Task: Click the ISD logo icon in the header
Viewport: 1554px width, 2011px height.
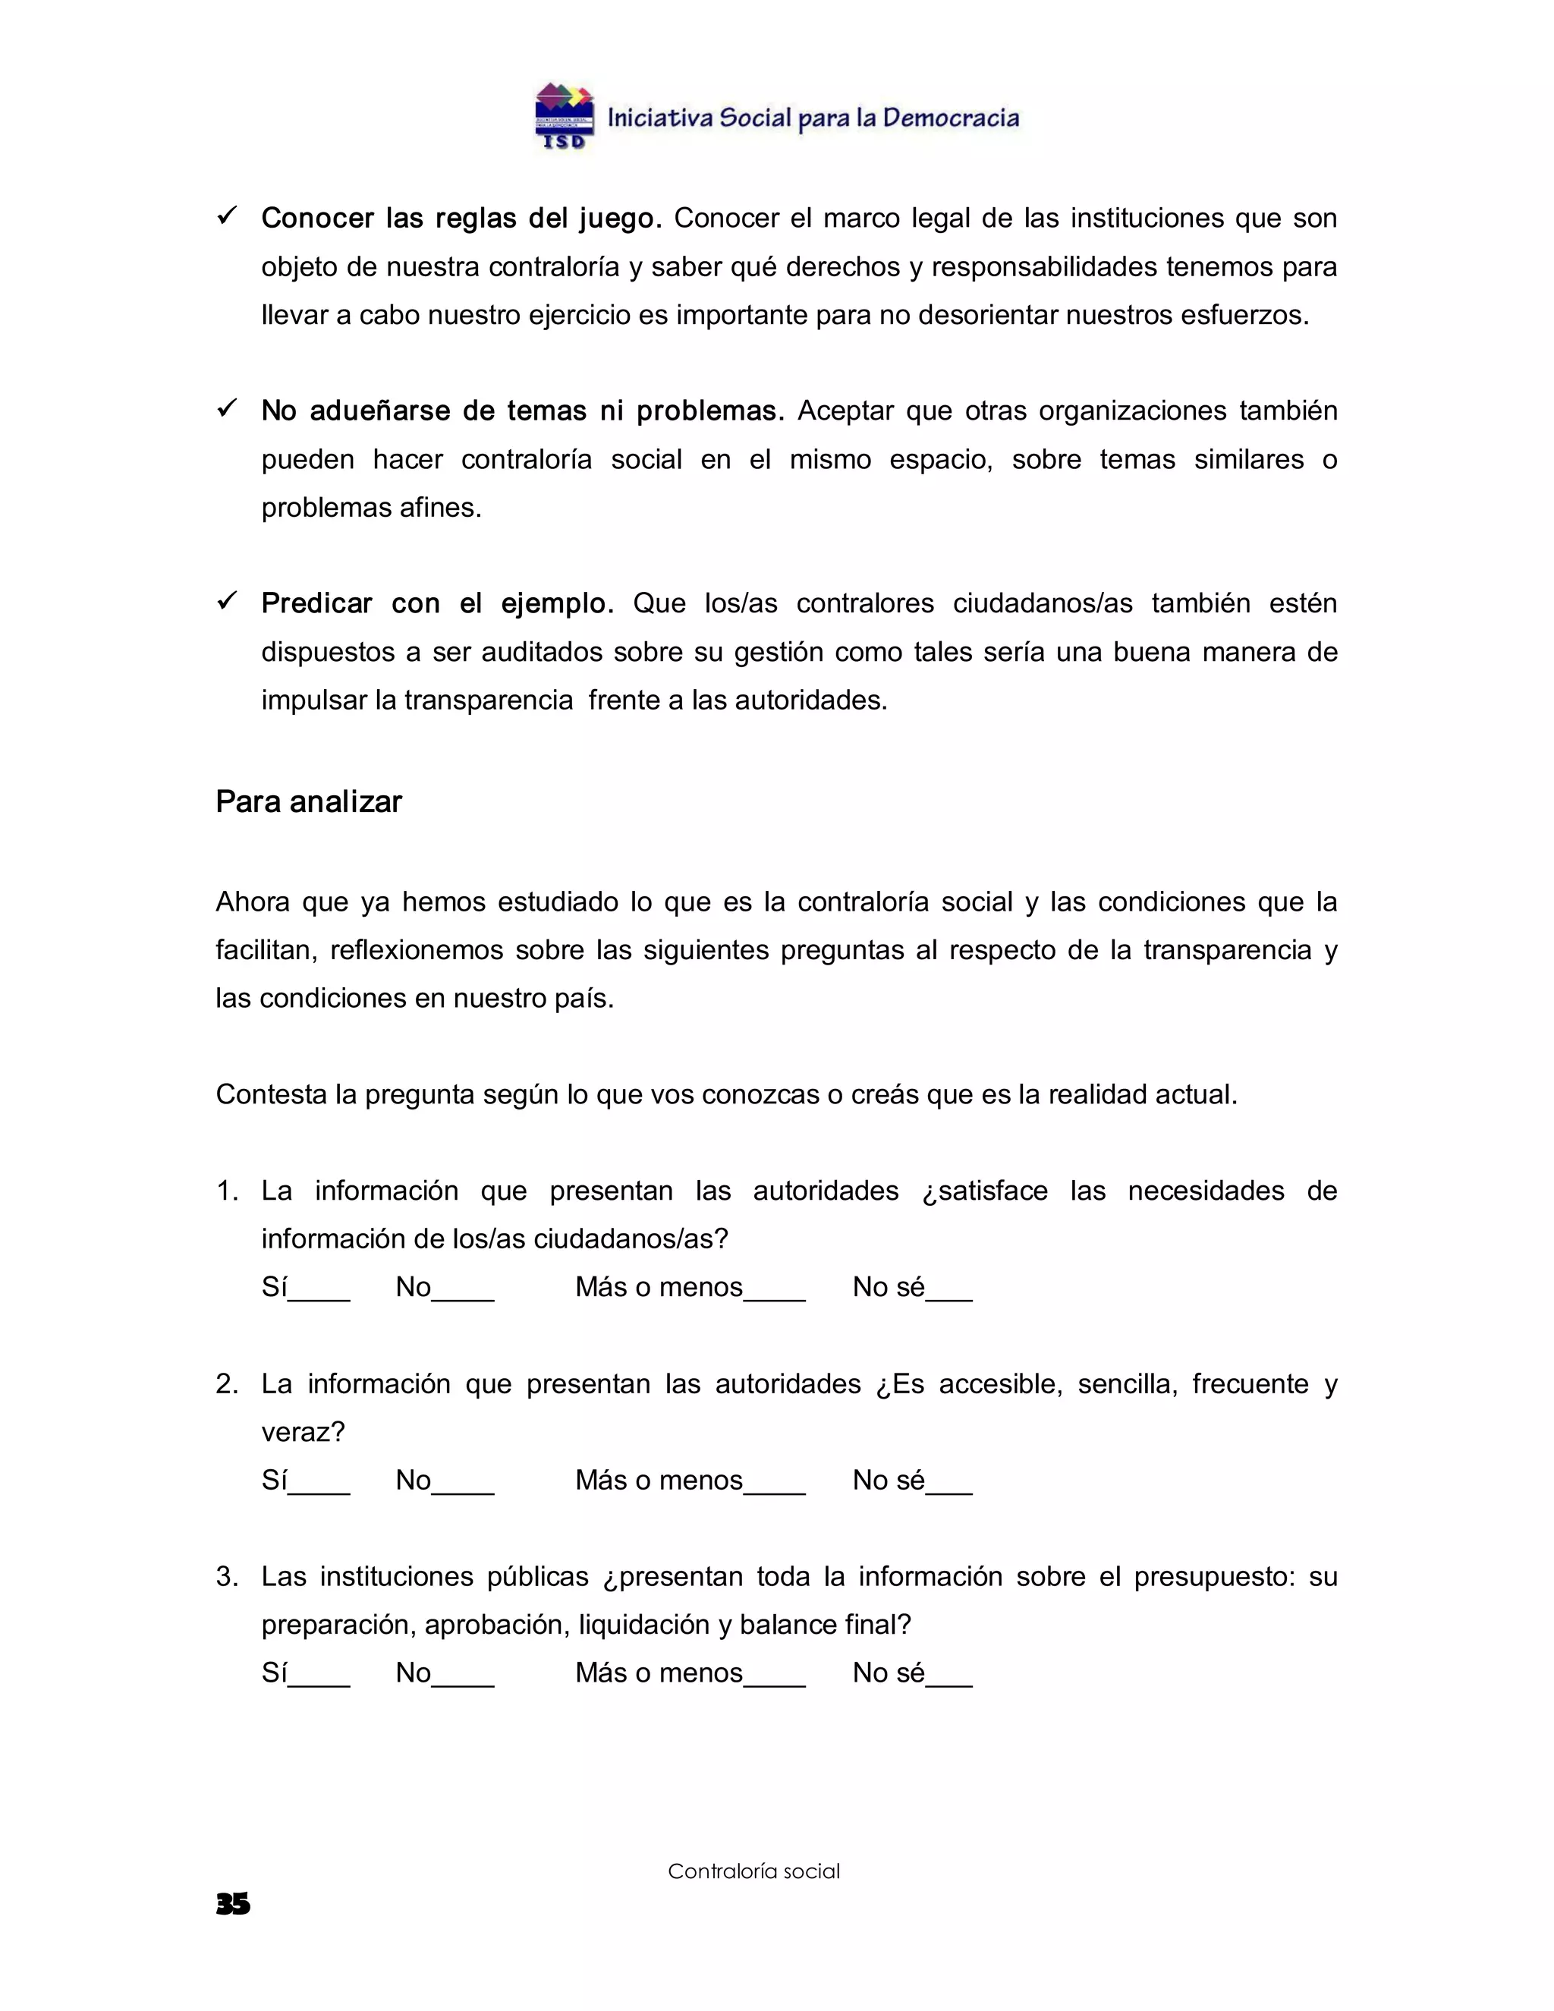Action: pyautogui.click(x=565, y=116)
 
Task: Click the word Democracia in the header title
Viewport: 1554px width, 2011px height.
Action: pyautogui.click(x=950, y=118)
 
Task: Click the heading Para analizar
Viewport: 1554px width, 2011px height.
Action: pyautogui.click(x=308, y=802)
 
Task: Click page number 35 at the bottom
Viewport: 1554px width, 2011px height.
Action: pyautogui.click(x=233, y=1904)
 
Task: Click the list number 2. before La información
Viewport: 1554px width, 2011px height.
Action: pyautogui.click(x=226, y=1384)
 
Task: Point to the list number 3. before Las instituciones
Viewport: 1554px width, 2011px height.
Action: pyautogui.click(x=226, y=1576)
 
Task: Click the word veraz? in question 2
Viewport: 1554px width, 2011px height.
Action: pyautogui.click(x=303, y=1432)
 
